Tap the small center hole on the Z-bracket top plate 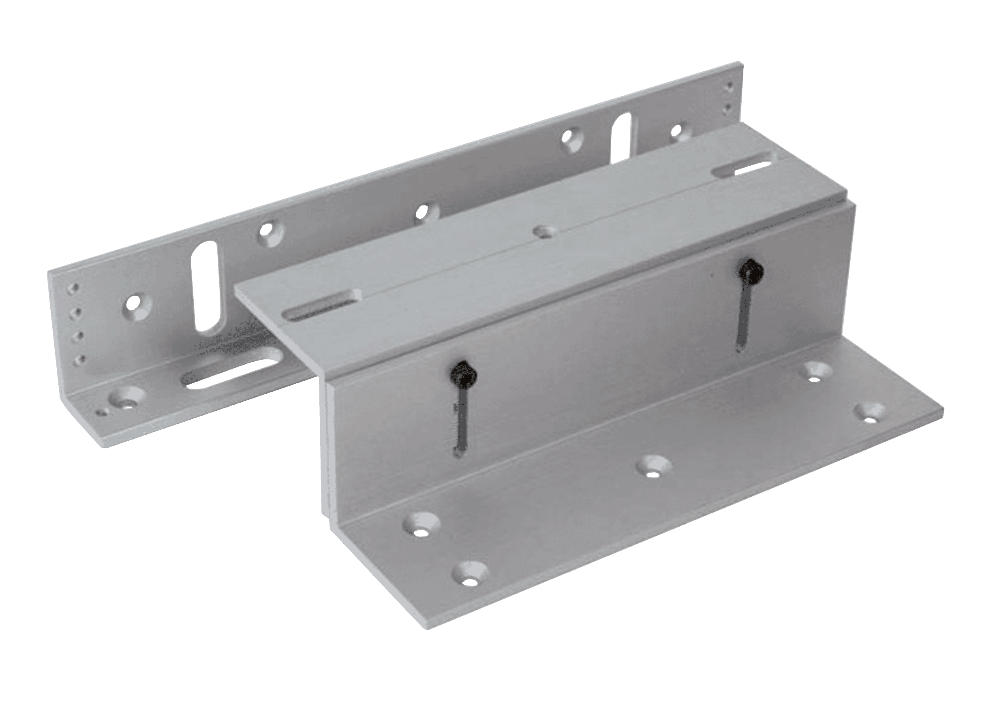point(543,231)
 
